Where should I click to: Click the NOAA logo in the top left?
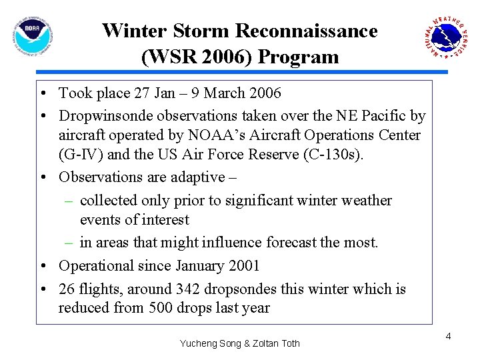point(32,35)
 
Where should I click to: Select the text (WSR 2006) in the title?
point(197,57)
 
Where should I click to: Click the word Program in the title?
point(298,57)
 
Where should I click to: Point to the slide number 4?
point(448,336)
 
